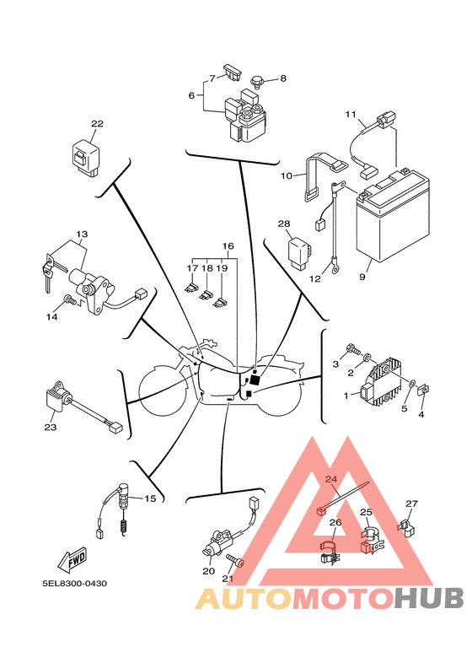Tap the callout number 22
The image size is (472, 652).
[x=97, y=124]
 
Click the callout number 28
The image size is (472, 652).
[x=283, y=224]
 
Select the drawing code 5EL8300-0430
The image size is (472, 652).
[x=74, y=583]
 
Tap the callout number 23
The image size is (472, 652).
[x=50, y=428]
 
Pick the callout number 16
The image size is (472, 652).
[x=228, y=246]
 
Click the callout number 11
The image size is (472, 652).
[x=351, y=114]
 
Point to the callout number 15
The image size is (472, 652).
[x=150, y=498]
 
